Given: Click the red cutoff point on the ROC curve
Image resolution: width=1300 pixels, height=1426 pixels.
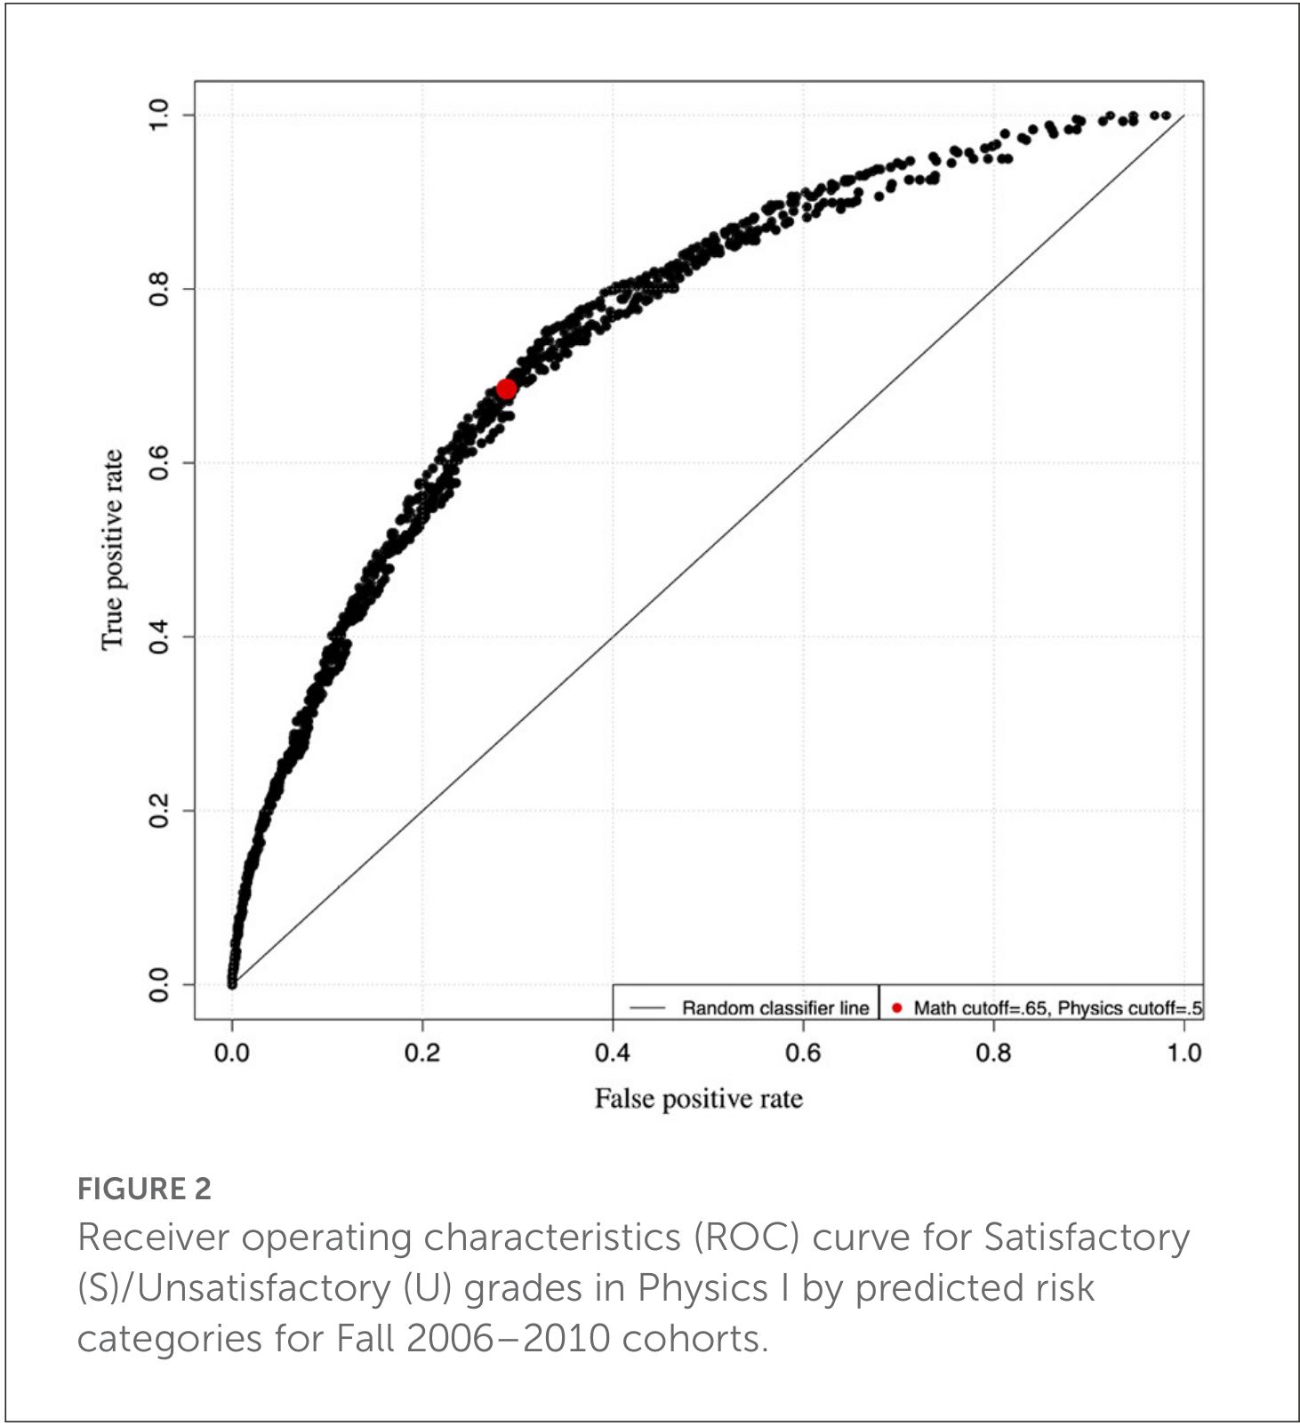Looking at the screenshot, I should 506,389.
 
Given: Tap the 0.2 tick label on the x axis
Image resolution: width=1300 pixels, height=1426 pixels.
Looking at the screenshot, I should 422,1053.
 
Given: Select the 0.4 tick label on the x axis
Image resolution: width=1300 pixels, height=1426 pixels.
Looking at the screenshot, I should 613,1053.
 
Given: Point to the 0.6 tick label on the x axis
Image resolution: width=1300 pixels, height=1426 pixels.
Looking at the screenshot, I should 803,1053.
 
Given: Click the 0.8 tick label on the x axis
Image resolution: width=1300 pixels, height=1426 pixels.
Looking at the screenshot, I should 993,1053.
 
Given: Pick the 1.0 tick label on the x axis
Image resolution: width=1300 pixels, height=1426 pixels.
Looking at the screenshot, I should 1184,1053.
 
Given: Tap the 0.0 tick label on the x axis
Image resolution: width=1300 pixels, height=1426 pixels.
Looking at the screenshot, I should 232,1053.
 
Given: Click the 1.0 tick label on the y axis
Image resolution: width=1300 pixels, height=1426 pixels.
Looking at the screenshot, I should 158,115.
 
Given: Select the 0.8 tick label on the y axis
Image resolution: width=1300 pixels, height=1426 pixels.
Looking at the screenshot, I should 158,289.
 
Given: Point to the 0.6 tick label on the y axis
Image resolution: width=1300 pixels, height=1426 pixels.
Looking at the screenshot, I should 158,463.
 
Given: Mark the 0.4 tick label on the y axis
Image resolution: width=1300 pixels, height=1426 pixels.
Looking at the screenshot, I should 158,637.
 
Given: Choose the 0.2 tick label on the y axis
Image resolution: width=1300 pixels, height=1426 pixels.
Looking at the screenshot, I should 158,811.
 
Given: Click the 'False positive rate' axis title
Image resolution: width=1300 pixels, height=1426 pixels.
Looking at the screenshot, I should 698,1099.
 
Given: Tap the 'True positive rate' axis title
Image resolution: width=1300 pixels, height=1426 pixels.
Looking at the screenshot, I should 112,549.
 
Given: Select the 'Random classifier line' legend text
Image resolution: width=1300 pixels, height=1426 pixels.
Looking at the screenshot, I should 775,1008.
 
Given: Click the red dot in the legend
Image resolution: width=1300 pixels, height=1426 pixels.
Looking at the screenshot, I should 896,1007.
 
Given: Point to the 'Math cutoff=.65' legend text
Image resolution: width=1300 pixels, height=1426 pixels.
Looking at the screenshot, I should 980,1008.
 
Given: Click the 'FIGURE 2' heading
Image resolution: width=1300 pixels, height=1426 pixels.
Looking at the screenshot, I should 144,1189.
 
